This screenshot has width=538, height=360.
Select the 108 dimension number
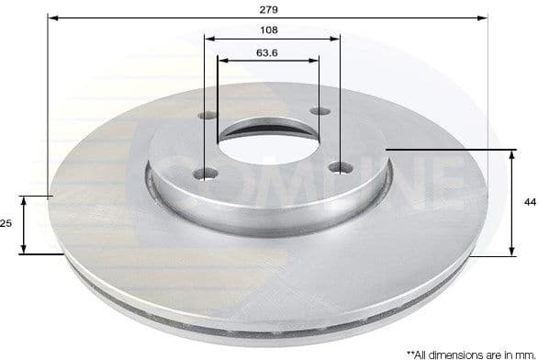click(270, 30)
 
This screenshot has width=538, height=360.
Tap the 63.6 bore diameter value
click(268, 51)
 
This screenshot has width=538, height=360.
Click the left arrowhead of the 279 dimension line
click(51, 17)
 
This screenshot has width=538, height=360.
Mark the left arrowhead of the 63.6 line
click(221, 61)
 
